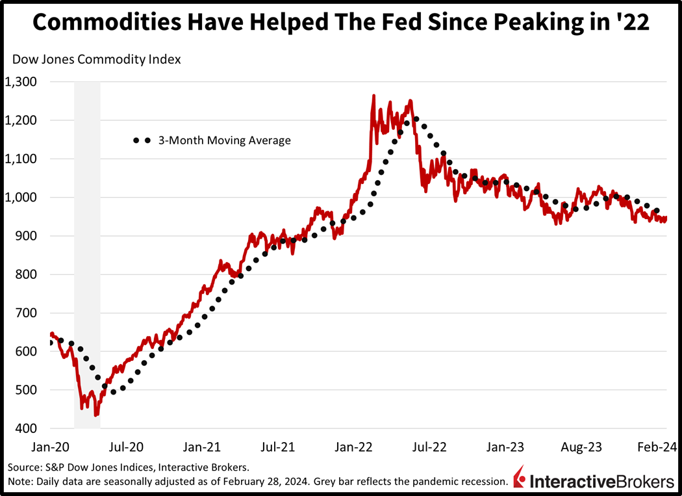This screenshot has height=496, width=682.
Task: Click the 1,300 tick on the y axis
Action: (x=21, y=82)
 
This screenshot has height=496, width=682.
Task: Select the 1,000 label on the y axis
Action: (x=21, y=198)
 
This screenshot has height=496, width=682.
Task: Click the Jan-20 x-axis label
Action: (x=50, y=447)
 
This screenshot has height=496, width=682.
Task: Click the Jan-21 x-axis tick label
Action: (x=202, y=447)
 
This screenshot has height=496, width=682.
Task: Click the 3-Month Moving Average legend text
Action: (x=225, y=140)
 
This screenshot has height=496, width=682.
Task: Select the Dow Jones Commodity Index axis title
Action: (x=97, y=59)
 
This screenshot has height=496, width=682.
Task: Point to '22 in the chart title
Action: (x=632, y=23)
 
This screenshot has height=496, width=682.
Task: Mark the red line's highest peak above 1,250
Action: (x=373, y=96)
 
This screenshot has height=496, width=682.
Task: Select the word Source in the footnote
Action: (x=24, y=467)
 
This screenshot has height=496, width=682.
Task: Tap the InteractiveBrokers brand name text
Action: (x=602, y=481)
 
